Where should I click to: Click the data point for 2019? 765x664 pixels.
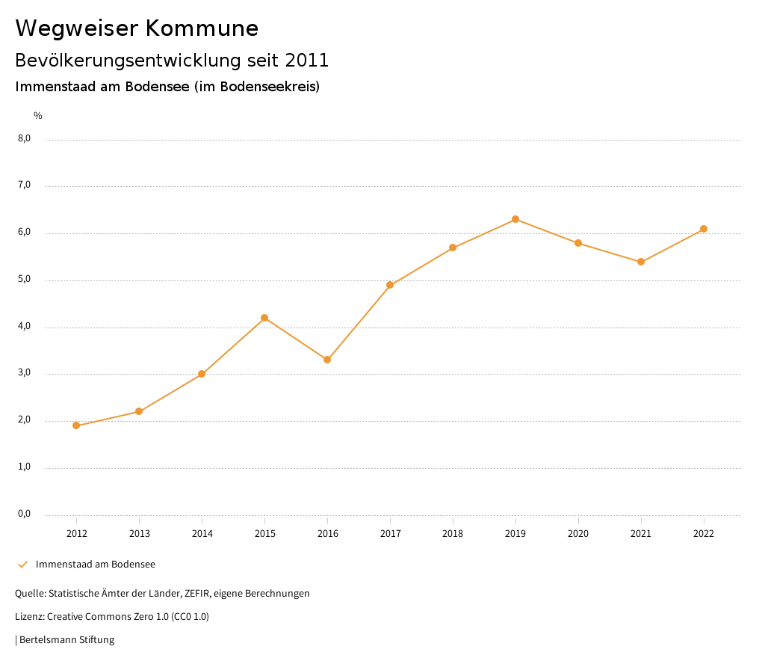pyautogui.click(x=515, y=219)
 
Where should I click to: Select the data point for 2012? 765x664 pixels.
pyautogui.click(x=76, y=425)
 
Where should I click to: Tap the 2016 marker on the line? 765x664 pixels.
pyautogui.click(x=327, y=360)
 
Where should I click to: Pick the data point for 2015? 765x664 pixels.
pyautogui.click(x=264, y=318)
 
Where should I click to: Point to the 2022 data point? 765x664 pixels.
pyautogui.click(x=704, y=229)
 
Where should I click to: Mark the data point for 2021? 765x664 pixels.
pyautogui.click(x=641, y=262)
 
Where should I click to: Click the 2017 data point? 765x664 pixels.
pyautogui.click(x=390, y=285)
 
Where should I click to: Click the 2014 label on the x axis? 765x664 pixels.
pyautogui.click(x=202, y=534)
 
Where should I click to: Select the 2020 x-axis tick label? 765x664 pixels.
pyautogui.click(x=578, y=534)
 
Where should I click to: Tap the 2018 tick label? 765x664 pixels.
pyautogui.click(x=453, y=534)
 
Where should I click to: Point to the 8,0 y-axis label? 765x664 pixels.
pyautogui.click(x=25, y=138)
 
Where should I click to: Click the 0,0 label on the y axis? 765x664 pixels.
pyautogui.click(x=25, y=514)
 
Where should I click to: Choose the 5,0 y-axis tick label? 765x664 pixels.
pyautogui.click(x=25, y=279)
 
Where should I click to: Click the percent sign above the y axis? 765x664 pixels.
pyautogui.click(x=38, y=116)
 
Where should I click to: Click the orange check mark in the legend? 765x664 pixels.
pyautogui.click(x=22, y=564)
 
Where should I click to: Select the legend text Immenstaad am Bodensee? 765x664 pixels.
pyautogui.click(x=96, y=564)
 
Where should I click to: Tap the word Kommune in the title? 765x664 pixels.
pyautogui.click(x=202, y=28)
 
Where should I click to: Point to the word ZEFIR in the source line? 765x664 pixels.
pyautogui.click(x=197, y=594)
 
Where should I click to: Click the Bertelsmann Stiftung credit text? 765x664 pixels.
pyautogui.click(x=66, y=640)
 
